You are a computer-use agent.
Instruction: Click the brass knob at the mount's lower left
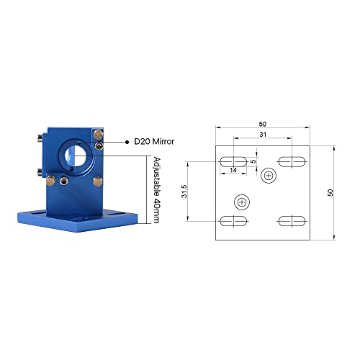pyautogui.click(x=64, y=178)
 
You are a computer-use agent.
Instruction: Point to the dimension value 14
pyautogui.click(x=234, y=171)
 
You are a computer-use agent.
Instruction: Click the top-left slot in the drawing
pyautogui.click(x=234, y=161)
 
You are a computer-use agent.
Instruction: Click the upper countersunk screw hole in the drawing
pyautogui.click(x=270, y=174)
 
